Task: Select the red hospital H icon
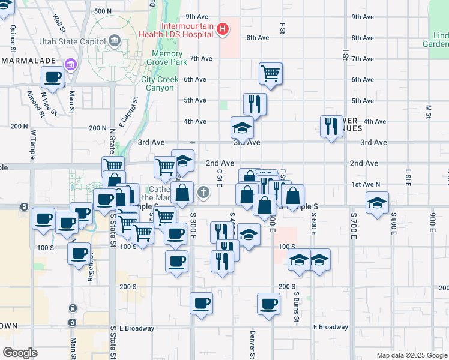click(x=223, y=28)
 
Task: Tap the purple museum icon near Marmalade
click(x=71, y=64)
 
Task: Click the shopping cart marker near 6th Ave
click(x=271, y=74)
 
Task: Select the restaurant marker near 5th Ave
click(x=255, y=104)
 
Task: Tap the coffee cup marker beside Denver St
click(x=268, y=304)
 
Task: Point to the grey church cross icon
click(x=203, y=193)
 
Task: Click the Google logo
click(x=20, y=353)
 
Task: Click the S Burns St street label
click(x=297, y=307)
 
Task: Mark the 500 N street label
click(x=103, y=11)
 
